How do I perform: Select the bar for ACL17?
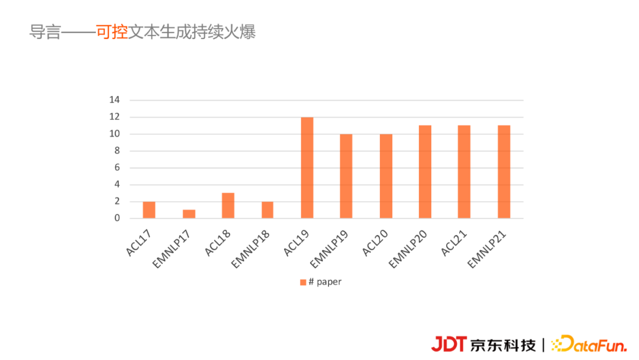(149, 210)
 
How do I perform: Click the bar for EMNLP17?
(189, 214)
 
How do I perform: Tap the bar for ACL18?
(228, 205)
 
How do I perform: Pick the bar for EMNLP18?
(267, 210)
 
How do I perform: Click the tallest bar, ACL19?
(307, 168)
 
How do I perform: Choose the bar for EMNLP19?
(346, 176)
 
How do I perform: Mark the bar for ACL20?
(386, 176)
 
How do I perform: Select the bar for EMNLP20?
(425, 172)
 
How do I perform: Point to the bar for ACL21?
(464, 172)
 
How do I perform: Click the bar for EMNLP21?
(504, 172)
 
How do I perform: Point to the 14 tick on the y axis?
(115, 100)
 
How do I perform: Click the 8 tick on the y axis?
(117, 150)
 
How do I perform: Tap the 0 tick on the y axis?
(117, 218)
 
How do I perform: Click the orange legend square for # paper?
(303, 282)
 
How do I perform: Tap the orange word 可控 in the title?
(112, 32)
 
